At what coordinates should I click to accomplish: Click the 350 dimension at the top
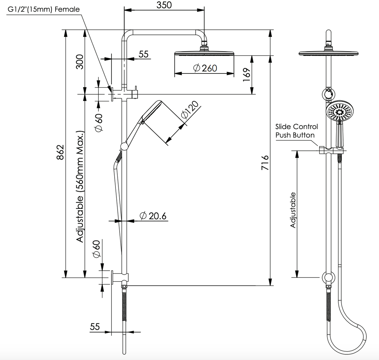pos(164,5)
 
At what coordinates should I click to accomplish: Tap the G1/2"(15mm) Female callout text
pos(44,9)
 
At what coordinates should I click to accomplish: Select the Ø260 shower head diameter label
pos(205,68)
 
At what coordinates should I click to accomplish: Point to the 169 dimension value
pos(247,75)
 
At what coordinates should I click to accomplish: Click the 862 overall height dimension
pos(60,152)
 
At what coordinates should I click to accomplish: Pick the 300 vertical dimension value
pos(80,62)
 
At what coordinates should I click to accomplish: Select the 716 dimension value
pos(265,162)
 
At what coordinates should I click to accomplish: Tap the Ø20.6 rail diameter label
pos(153,216)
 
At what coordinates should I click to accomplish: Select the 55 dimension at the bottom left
pos(95,327)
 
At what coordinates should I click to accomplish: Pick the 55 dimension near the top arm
pos(144,54)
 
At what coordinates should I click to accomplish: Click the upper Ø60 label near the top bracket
pos(98,122)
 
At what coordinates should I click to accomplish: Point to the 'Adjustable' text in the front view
pos(293,210)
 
